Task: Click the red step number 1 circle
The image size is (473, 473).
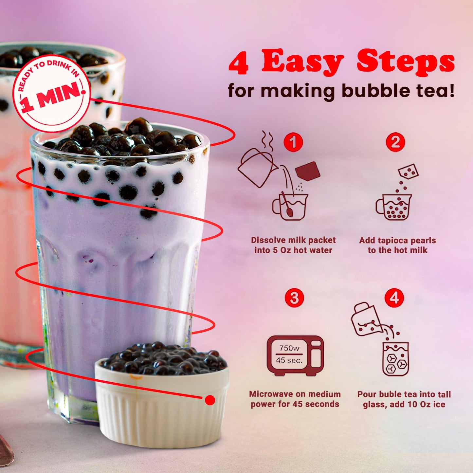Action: click(293, 142)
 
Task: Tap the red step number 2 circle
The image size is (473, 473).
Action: click(395, 142)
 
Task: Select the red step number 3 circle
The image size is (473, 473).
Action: click(294, 298)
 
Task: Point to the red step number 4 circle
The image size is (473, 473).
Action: click(394, 298)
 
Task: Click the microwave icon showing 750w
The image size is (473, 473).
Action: click(295, 355)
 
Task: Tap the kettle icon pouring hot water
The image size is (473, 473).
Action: click(256, 168)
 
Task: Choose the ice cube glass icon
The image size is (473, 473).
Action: click(396, 359)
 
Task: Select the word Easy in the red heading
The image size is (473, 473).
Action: click(302, 61)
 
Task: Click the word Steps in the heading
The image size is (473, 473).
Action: click(406, 61)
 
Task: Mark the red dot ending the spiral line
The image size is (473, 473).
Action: click(210, 400)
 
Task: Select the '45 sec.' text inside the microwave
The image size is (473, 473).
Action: click(289, 360)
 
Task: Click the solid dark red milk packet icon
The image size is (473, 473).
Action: click(307, 171)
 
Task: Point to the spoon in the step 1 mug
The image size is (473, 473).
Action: click(287, 206)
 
